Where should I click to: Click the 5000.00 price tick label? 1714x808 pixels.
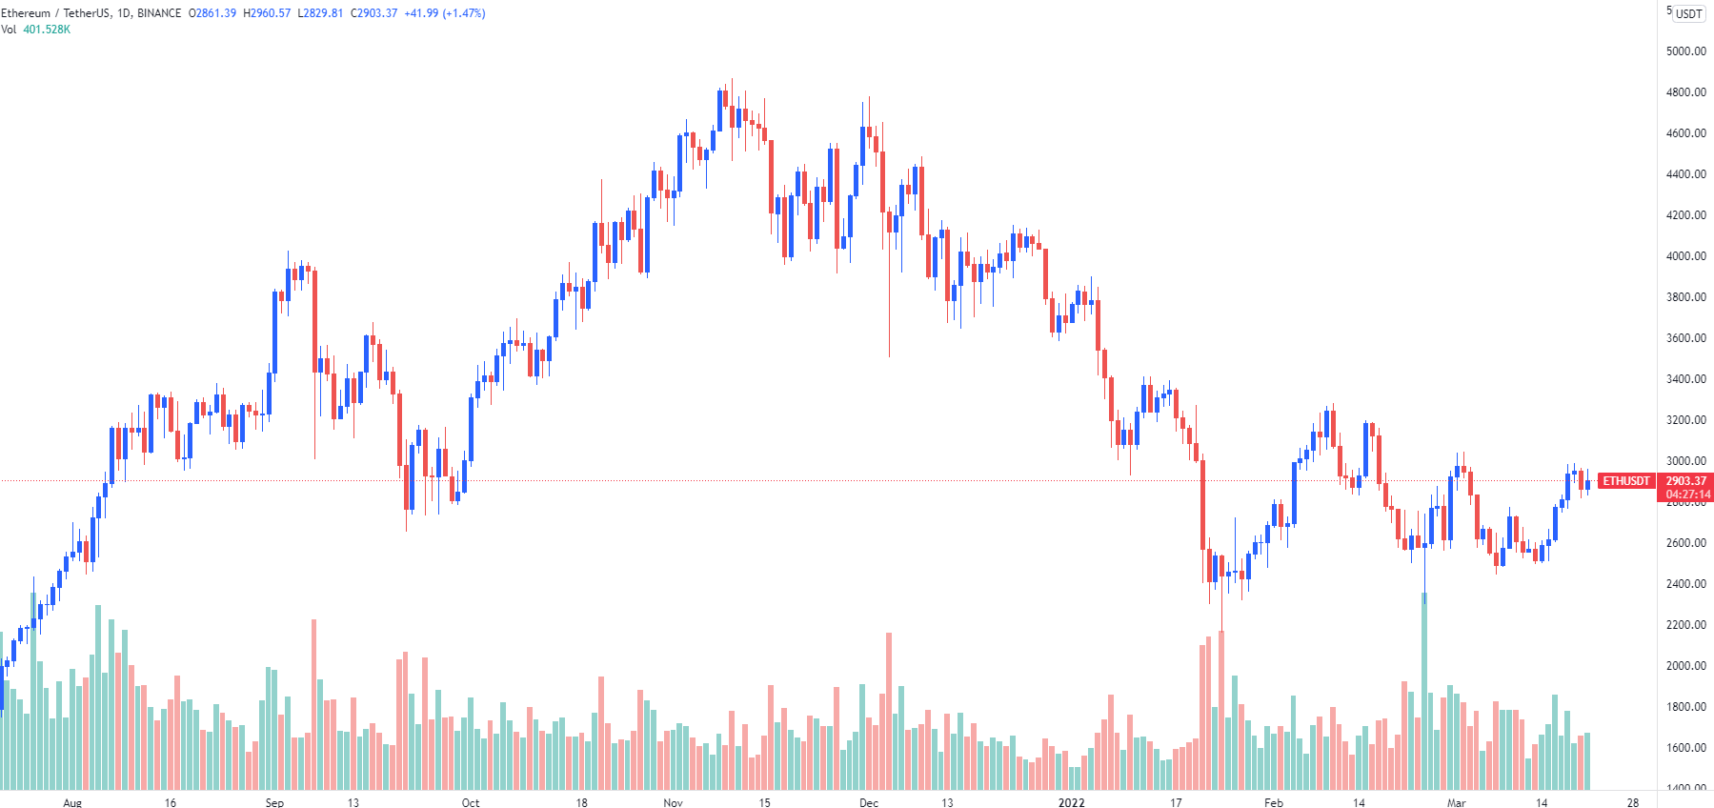pos(1685,51)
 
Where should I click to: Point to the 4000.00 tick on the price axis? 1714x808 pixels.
pos(1685,256)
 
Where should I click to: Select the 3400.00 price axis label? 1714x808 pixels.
pos(1685,379)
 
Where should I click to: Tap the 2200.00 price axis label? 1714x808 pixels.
pos(1685,625)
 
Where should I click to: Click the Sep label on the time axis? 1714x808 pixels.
pos(274,802)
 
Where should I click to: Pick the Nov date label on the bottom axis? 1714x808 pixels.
pos(673,802)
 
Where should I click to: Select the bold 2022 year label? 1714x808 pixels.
pos(1071,802)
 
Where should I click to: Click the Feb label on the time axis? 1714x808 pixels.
pos(1273,802)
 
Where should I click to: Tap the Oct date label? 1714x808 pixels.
pos(471,802)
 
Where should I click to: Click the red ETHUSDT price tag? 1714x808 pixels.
pos(1625,481)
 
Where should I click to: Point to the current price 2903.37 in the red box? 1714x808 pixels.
pos(1685,481)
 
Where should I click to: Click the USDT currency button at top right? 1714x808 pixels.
pos(1689,13)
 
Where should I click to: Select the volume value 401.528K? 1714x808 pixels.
pos(47,30)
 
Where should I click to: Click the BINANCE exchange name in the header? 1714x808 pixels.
pos(159,13)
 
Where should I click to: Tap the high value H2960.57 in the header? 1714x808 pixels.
pos(267,13)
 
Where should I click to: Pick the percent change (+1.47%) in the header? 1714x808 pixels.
pos(464,13)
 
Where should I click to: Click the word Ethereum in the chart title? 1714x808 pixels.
pos(26,13)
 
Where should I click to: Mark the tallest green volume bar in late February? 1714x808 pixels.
pos(1424,692)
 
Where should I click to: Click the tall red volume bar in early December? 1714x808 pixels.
pos(889,711)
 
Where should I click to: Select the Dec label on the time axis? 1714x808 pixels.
pos(869,802)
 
